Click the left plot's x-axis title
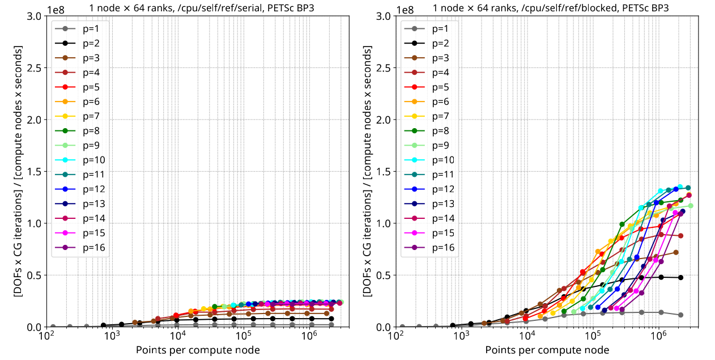point(198,350)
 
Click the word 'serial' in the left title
point(218,8)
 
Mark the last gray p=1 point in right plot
point(680,315)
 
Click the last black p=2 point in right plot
point(680,277)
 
